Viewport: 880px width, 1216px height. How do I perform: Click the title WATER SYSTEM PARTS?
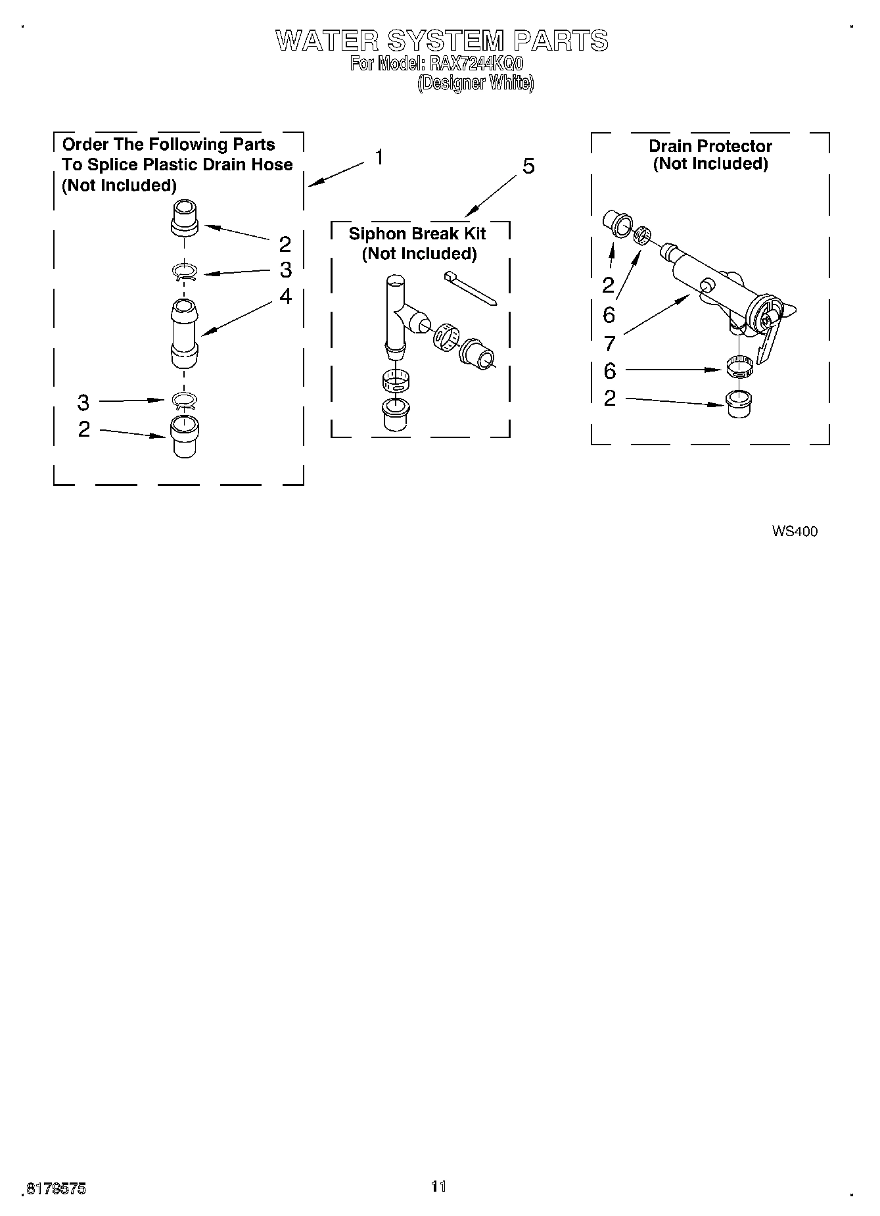coord(442,41)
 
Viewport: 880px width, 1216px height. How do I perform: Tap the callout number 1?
coord(379,158)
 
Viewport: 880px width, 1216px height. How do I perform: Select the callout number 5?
coord(528,166)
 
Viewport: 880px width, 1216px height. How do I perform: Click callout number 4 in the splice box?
coord(285,297)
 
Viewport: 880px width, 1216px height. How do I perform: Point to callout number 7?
coord(609,343)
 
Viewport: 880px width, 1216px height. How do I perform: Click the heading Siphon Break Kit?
coord(417,233)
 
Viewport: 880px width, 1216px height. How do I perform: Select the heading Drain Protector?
coord(710,146)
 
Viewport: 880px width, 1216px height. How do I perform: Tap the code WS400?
coord(795,531)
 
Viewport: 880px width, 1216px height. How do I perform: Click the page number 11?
coord(438,1186)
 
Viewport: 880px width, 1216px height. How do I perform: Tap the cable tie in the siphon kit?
coord(471,287)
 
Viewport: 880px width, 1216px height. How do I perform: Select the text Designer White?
coord(476,84)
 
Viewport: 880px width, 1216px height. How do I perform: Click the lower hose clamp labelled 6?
coord(739,367)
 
